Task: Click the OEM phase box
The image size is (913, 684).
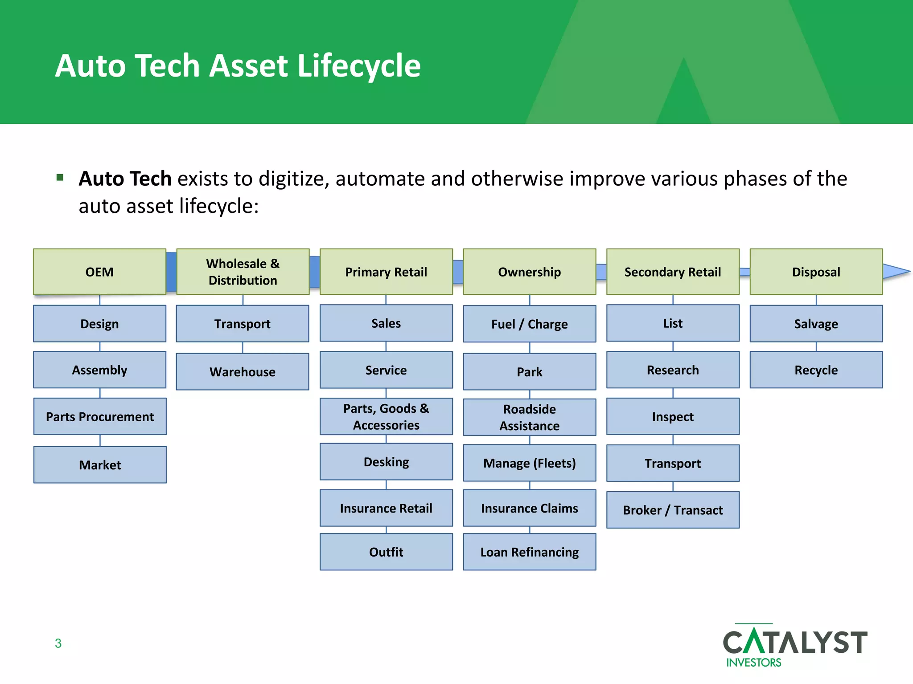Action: tap(99, 272)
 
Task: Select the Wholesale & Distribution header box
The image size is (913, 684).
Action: tap(243, 272)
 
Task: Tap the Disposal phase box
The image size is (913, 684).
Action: tap(816, 272)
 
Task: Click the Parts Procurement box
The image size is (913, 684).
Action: tap(100, 416)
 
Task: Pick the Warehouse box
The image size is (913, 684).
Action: tap(243, 372)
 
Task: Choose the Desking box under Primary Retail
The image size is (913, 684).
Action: tap(386, 462)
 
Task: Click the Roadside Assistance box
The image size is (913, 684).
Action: tap(530, 417)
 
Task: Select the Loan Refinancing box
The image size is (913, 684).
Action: tap(530, 552)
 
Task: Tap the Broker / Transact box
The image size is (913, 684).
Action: tap(673, 510)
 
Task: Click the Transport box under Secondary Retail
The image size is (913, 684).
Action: tap(673, 463)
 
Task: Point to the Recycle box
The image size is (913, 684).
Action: tap(816, 370)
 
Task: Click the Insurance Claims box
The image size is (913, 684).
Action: tap(530, 508)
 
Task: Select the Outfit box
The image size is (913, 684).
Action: tap(386, 552)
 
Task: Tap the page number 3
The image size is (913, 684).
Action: tap(58, 643)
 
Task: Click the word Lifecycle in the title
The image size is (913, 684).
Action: tap(358, 66)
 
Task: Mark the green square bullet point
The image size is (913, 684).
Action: tap(60, 178)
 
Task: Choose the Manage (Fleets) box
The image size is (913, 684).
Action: tap(530, 463)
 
